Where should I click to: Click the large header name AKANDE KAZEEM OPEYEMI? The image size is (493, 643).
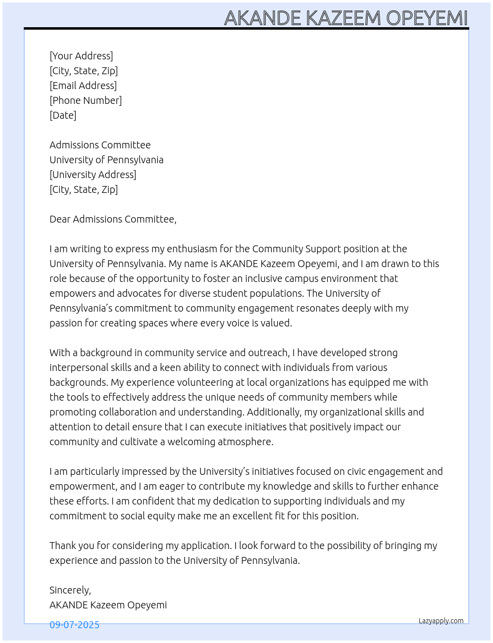point(345,18)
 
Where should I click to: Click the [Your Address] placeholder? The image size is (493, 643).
point(81,56)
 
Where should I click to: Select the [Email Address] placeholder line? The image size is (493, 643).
point(83,86)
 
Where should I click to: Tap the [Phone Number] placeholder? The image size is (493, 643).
point(86,100)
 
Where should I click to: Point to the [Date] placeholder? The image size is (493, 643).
point(63,115)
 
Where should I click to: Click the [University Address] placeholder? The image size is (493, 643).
point(93,175)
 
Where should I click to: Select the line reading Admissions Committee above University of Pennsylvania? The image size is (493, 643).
point(100,145)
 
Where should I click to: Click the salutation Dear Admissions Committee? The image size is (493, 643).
point(113,219)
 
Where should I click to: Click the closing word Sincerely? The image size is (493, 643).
point(70,590)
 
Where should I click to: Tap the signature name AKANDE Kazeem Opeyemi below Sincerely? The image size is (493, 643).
point(108,605)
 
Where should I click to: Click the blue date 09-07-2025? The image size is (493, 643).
point(74,625)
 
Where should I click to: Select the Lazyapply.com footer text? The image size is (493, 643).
point(441,621)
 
